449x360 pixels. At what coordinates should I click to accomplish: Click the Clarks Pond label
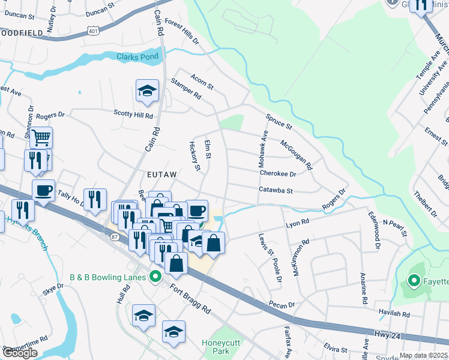[x=137, y=57]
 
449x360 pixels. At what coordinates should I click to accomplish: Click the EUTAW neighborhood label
[x=162, y=174]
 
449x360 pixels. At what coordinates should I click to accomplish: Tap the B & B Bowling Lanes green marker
[x=155, y=277]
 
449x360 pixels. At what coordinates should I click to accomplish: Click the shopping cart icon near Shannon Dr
[x=41, y=137]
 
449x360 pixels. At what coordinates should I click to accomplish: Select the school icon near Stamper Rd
[x=146, y=91]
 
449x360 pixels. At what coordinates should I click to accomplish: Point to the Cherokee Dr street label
[x=278, y=173]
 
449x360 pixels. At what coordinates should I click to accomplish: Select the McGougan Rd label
[x=297, y=154]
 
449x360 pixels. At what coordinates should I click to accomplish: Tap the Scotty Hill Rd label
[x=133, y=114]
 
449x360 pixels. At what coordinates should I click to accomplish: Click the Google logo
[x=20, y=353]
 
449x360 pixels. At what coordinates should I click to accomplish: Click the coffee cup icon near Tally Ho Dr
[x=43, y=191]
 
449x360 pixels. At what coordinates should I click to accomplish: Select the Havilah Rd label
[x=394, y=313]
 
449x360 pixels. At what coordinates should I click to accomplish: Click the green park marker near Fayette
[x=414, y=280]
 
